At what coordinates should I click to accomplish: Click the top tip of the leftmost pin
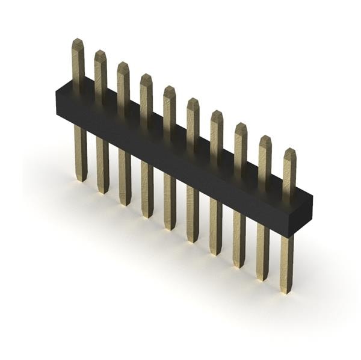78,42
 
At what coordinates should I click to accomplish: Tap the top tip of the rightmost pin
290,151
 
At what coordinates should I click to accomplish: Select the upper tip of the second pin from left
100,53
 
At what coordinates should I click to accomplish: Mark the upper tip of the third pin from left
123,64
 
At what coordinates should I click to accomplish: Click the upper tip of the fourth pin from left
146,76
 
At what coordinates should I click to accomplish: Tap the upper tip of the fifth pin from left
170,88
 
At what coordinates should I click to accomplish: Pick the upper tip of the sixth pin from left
193,101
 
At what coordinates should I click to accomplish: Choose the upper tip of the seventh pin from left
217,113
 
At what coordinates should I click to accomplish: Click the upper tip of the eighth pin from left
241,125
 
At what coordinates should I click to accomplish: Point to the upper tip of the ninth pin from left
265,138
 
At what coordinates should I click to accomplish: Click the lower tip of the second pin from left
103,191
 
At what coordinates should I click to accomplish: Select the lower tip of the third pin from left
125,203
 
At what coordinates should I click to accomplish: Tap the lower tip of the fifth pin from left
170,228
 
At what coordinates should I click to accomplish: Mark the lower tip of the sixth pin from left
193,240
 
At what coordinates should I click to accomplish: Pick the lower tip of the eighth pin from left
239,265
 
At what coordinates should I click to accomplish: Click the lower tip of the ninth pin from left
262,278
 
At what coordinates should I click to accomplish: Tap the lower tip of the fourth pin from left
147,215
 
